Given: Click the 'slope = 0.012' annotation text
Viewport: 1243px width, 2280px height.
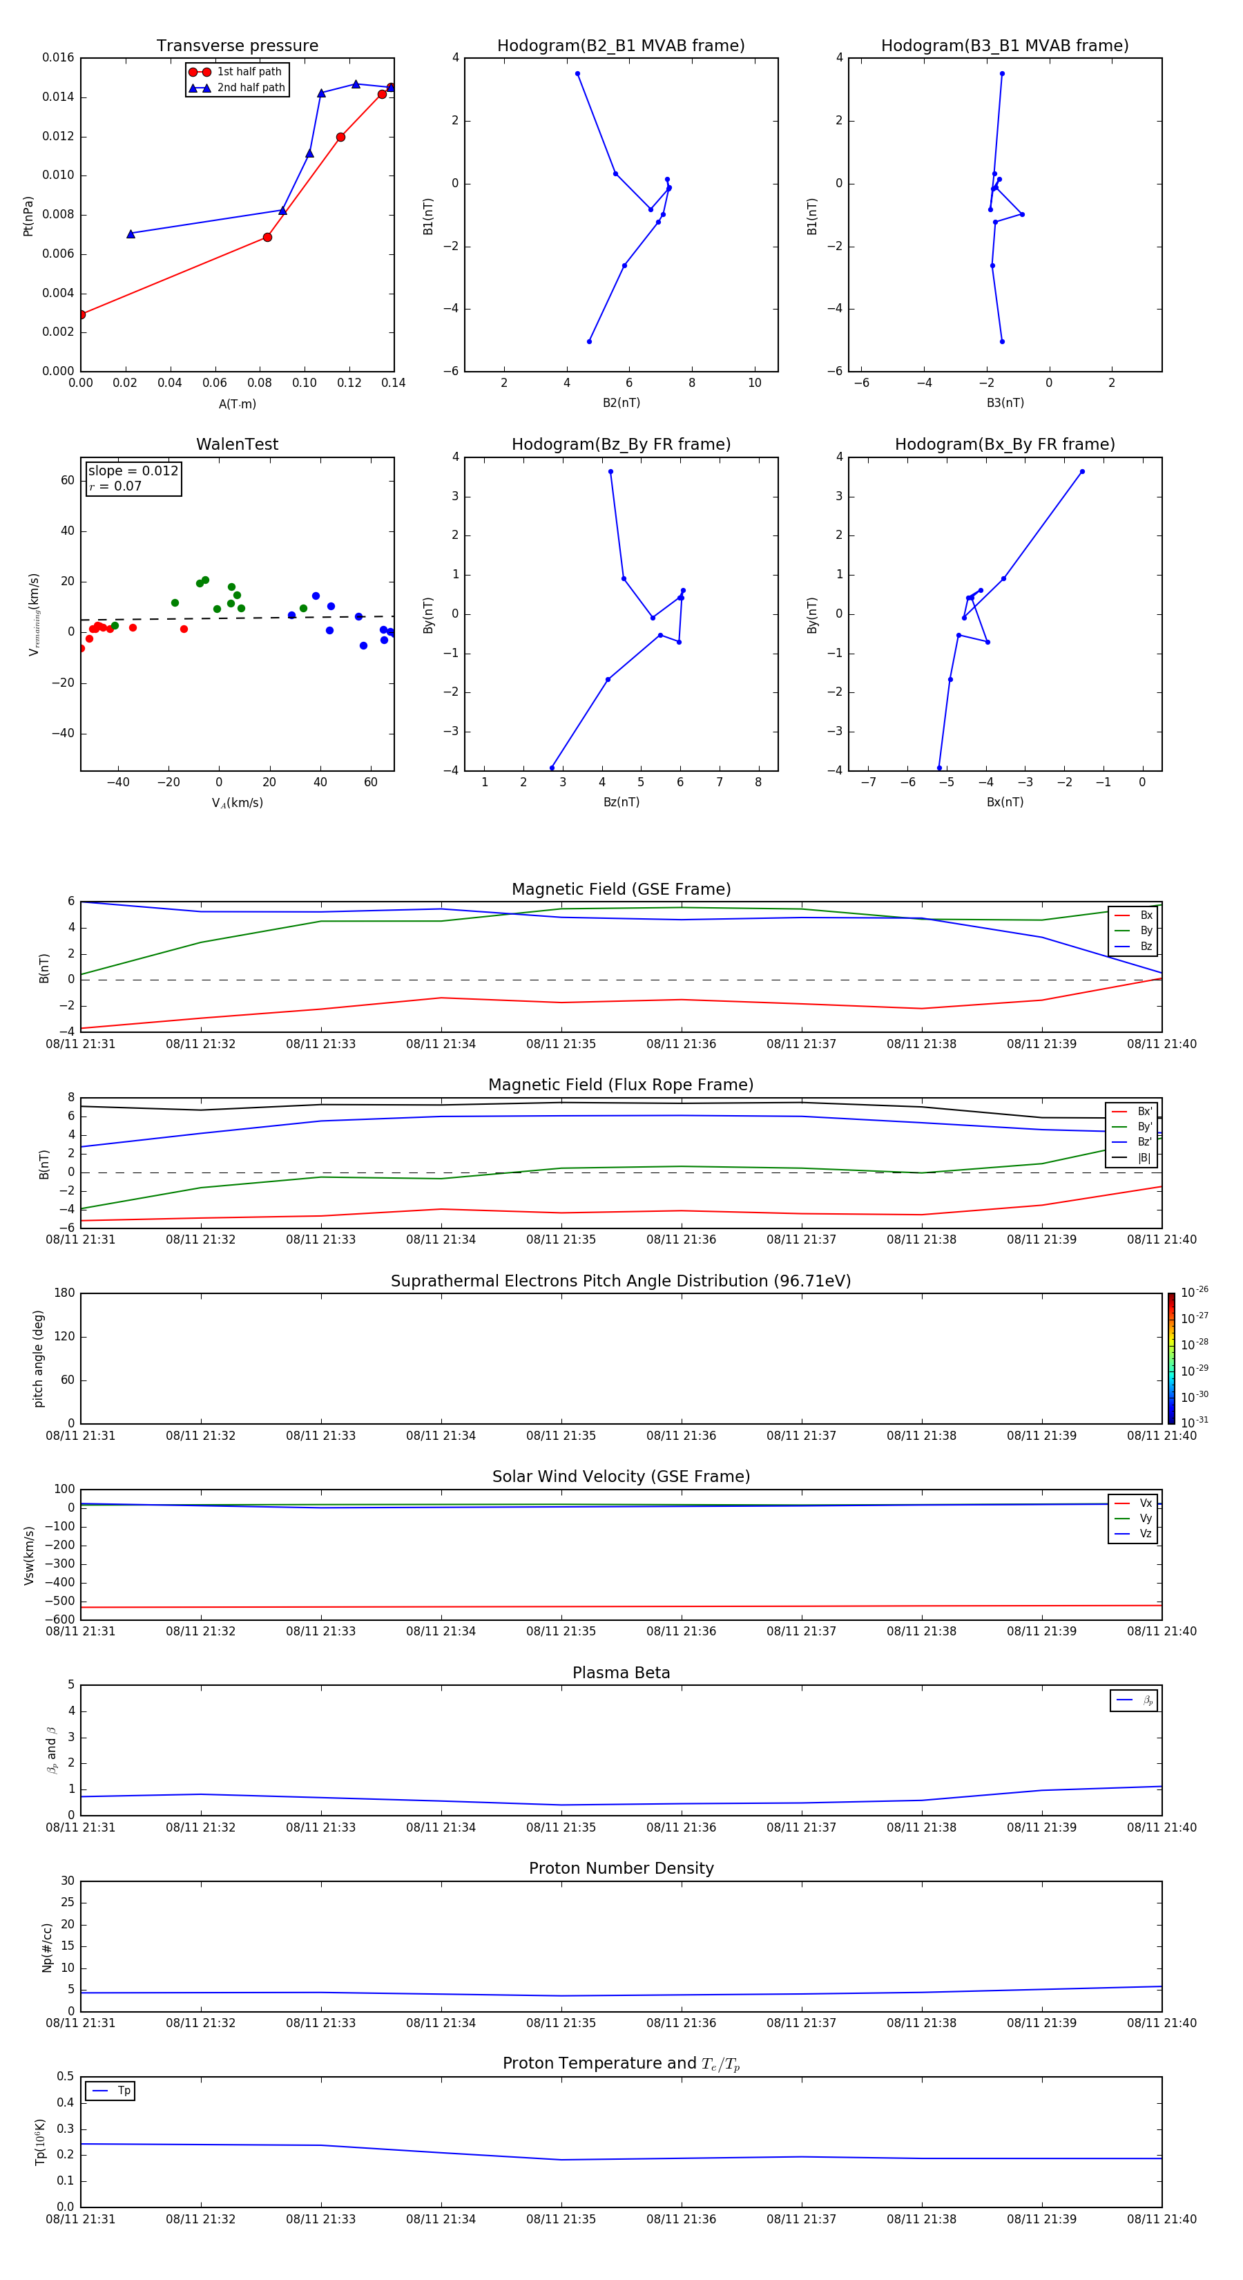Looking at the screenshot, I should pyautogui.click(x=133, y=471).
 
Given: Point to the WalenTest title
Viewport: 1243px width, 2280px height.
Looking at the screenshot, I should pyautogui.click(x=237, y=444).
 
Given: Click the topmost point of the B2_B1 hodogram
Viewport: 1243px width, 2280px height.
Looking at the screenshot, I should pyautogui.click(x=578, y=73).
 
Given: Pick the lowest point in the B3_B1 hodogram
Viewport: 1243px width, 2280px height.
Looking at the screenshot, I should pyautogui.click(x=1001, y=341).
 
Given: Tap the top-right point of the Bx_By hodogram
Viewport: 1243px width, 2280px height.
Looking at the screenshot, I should pyautogui.click(x=1082, y=472).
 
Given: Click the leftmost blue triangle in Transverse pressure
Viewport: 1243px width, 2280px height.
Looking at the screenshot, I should pyautogui.click(x=131, y=234).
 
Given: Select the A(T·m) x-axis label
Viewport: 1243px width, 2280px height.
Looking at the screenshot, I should pyautogui.click(x=237, y=404).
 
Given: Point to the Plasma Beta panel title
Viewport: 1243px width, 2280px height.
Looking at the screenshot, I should pyautogui.click(x=621, y=1673).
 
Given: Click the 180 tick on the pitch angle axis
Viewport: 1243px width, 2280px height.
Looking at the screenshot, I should pyautogui.click(x=65, y=1293).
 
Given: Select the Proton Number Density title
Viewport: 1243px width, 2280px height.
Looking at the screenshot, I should pyautogui.click(x=621, y=1868).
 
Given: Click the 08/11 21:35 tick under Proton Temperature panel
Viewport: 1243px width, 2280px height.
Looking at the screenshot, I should pyautogui.click(x=561, y=2219).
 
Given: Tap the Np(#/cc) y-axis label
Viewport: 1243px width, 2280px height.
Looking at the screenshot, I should pyautogui.click(x=48, y=1947).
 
